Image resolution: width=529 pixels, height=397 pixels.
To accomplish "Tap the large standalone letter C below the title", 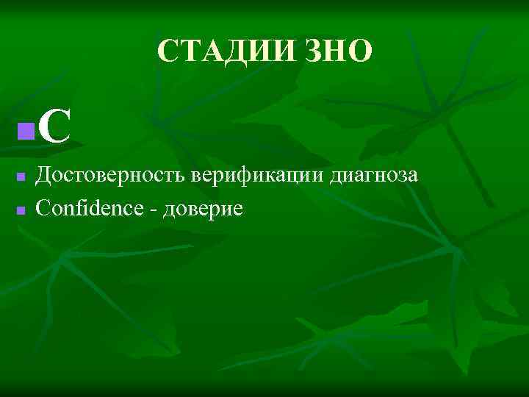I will tap(54, 127).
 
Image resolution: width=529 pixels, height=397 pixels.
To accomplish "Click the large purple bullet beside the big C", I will tap(26, 132).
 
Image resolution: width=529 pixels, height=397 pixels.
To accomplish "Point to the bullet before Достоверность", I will tap(21, 176).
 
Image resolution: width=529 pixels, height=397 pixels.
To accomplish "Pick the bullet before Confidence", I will tap(21, 210).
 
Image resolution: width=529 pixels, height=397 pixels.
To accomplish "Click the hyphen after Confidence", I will tap(154, 210).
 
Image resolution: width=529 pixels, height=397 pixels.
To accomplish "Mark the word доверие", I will tap(202, 210).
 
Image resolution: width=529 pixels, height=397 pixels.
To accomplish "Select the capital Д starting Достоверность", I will tap(44, 176).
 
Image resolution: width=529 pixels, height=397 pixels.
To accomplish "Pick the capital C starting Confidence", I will tap(43, 208).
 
